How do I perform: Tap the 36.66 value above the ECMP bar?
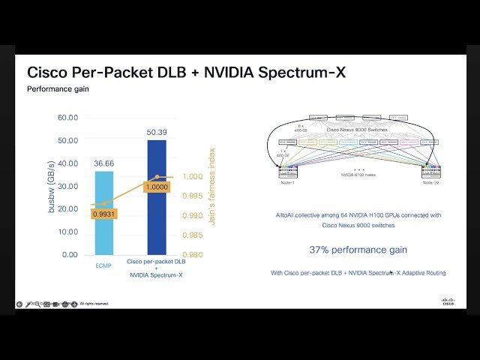[x=105, y=163]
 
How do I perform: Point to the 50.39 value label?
[x=157, y=133]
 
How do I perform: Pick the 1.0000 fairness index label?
[x=156, y=186]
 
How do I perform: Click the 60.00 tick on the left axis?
[x=67, y=118]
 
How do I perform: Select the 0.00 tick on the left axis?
[x=70, y=255]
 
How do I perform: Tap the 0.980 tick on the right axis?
[x=193, y=255]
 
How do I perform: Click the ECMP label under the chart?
[x=105, y=263]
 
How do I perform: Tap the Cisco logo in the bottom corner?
[x=448, y=301]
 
